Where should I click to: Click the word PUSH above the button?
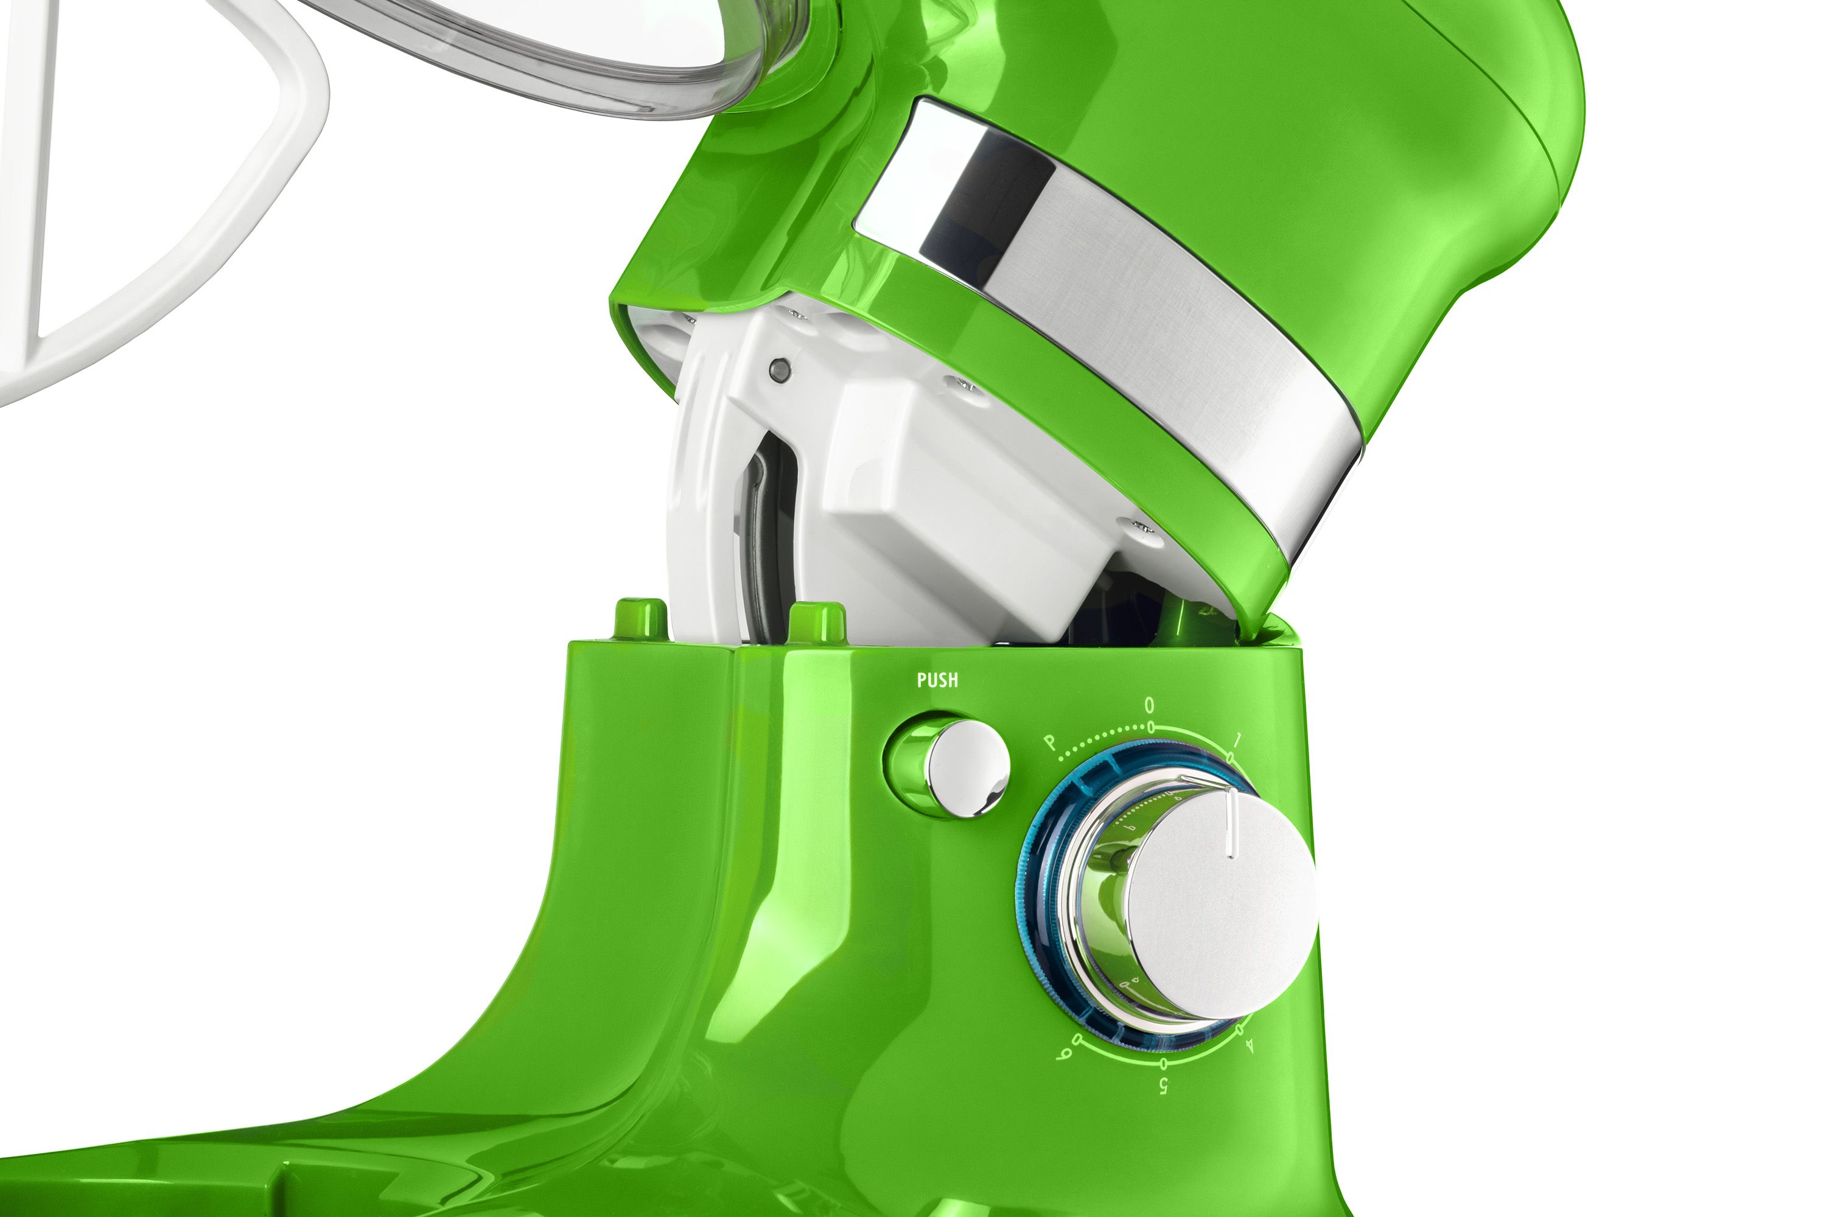point(937,680)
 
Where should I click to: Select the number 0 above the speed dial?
point(1150,705)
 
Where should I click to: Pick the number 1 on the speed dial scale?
point(1237,738)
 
